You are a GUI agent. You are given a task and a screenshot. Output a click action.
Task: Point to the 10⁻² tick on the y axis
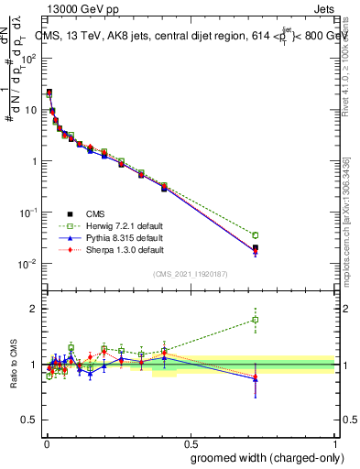29,264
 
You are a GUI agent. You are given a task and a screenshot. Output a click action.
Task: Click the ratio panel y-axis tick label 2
34,309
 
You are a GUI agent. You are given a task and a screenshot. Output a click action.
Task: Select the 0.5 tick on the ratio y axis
30,420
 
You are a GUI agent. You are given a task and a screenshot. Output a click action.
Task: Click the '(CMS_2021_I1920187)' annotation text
191,273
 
